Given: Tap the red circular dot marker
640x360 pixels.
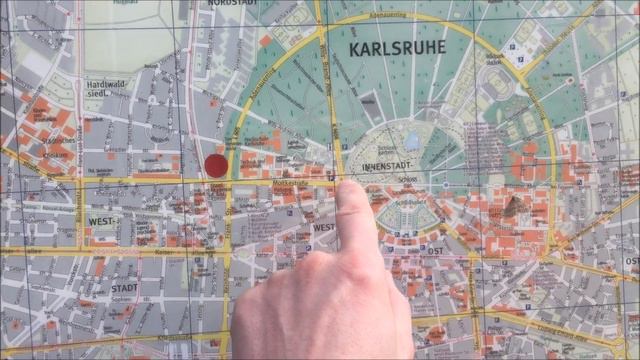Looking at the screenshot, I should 216,165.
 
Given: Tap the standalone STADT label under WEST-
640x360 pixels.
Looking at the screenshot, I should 124,287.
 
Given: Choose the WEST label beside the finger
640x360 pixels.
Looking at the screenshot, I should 323,227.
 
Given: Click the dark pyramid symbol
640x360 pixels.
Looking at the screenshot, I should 516,206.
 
